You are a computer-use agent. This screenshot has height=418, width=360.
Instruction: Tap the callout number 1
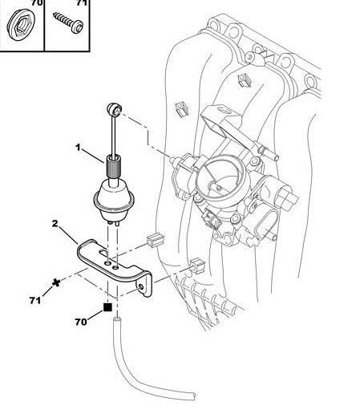[78, 147]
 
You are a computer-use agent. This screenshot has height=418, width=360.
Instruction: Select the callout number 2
[55, 223]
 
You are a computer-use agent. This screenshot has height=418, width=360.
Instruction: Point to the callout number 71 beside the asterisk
[35, 300]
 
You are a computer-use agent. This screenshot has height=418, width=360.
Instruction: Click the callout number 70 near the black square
[81, 322]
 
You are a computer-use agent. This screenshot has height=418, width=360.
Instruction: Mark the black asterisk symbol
[56, 282]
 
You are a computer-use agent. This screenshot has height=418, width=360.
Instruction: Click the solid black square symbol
[107, 307]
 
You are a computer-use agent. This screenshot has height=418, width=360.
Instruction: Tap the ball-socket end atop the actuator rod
[115, 109]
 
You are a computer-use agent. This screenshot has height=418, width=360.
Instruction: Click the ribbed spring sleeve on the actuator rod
[114, 167]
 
